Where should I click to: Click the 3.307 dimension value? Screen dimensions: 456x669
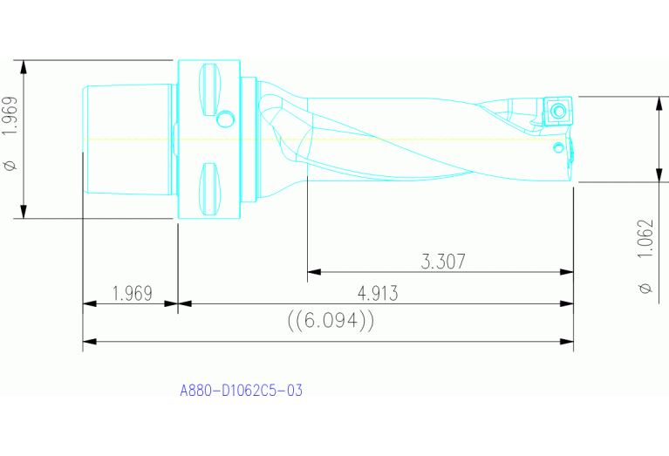tap(443, 261)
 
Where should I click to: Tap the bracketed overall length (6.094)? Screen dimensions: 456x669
tap(331, 321)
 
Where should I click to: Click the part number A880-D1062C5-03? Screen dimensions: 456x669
tap(241, 391)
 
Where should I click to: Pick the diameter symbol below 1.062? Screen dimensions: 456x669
tap(645, 289)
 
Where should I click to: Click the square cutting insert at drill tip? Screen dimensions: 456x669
tap(557, 110)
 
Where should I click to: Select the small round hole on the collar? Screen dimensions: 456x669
tap(227, 118)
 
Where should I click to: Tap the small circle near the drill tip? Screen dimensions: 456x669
tap(557, 147)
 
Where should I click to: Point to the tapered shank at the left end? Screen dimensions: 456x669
tap(126, 140)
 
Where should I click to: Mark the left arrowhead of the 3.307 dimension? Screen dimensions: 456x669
tap(312, 272)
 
